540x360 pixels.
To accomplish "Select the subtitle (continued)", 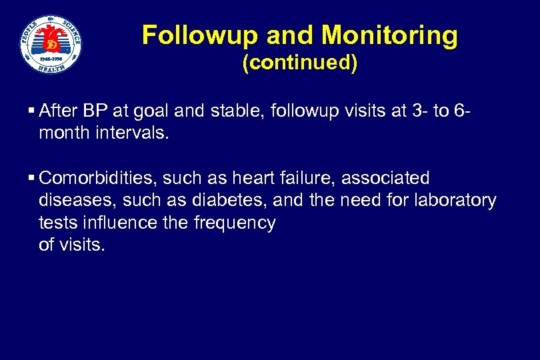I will pyautogui.click(x=299, y=63).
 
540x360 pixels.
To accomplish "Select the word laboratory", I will pyautogui.click(x=455, y=201).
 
